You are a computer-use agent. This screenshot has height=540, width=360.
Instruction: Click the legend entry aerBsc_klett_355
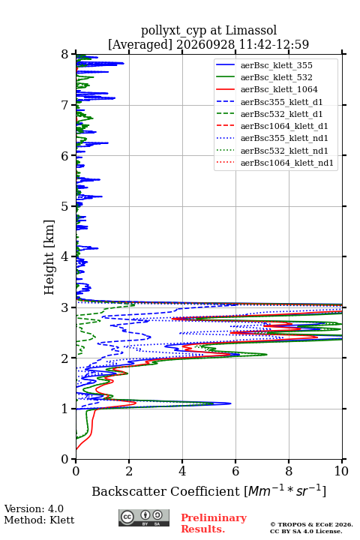pos(276,65)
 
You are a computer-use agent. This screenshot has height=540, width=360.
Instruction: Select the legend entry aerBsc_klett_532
pos(276,77)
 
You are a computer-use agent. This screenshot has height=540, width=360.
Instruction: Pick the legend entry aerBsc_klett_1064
pos(279,89)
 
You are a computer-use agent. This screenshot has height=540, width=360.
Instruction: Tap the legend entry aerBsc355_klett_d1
pos(281,102)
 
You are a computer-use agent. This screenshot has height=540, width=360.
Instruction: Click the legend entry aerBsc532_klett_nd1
pos(284,151)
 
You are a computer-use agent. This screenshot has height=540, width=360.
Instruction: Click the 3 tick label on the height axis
pos(64,307)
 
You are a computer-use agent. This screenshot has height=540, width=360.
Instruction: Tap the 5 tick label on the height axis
pos(64,206)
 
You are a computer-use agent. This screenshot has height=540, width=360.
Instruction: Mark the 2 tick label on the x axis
pos(129,471)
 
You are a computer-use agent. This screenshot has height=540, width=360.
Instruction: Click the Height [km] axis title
pos(49,257)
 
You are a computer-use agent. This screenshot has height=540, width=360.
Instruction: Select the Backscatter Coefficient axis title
pos(208,490)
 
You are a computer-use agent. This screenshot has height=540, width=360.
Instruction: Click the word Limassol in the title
pos(250,31)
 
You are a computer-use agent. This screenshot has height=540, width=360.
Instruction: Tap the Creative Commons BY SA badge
pos(144,517)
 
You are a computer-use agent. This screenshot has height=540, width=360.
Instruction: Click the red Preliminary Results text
pos(214,523)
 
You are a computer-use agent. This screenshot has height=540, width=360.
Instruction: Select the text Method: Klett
pos(39,520)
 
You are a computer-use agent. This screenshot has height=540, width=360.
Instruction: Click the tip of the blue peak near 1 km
pos(231,403)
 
